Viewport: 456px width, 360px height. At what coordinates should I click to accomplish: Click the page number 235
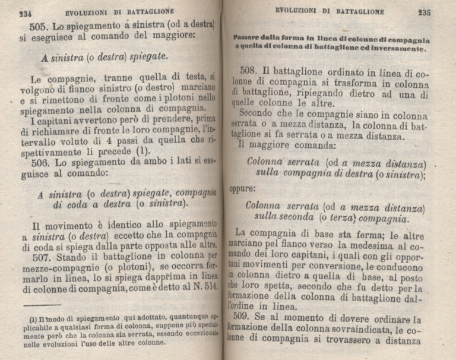click(x=424, y=12)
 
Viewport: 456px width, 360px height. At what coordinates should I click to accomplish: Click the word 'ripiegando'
click(x=319, y=96)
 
